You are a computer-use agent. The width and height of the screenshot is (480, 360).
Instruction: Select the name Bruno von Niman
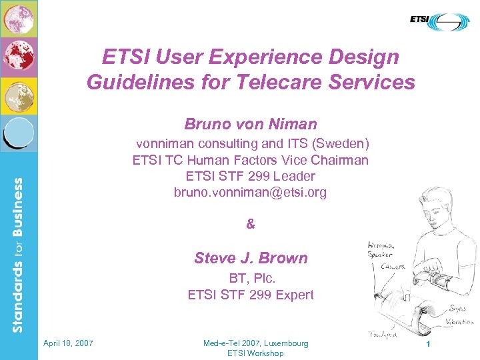[251, 124]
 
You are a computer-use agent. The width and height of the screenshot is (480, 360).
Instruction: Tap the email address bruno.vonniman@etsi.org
[251, 193]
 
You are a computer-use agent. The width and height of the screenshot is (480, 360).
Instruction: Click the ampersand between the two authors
[251, 225]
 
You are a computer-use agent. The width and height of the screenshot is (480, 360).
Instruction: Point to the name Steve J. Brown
[251, 258]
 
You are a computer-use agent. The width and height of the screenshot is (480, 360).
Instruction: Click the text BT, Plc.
[251, 279]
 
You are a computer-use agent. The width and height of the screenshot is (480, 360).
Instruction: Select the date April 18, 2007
[68, 343]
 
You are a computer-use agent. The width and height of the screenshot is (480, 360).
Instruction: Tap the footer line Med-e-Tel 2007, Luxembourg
[256, 343]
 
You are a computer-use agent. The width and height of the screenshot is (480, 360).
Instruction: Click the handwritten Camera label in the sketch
[393, 265]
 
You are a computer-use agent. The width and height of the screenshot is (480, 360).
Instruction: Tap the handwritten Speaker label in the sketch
[381, 254]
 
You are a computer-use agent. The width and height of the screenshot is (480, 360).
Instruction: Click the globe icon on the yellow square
[19, 95]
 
